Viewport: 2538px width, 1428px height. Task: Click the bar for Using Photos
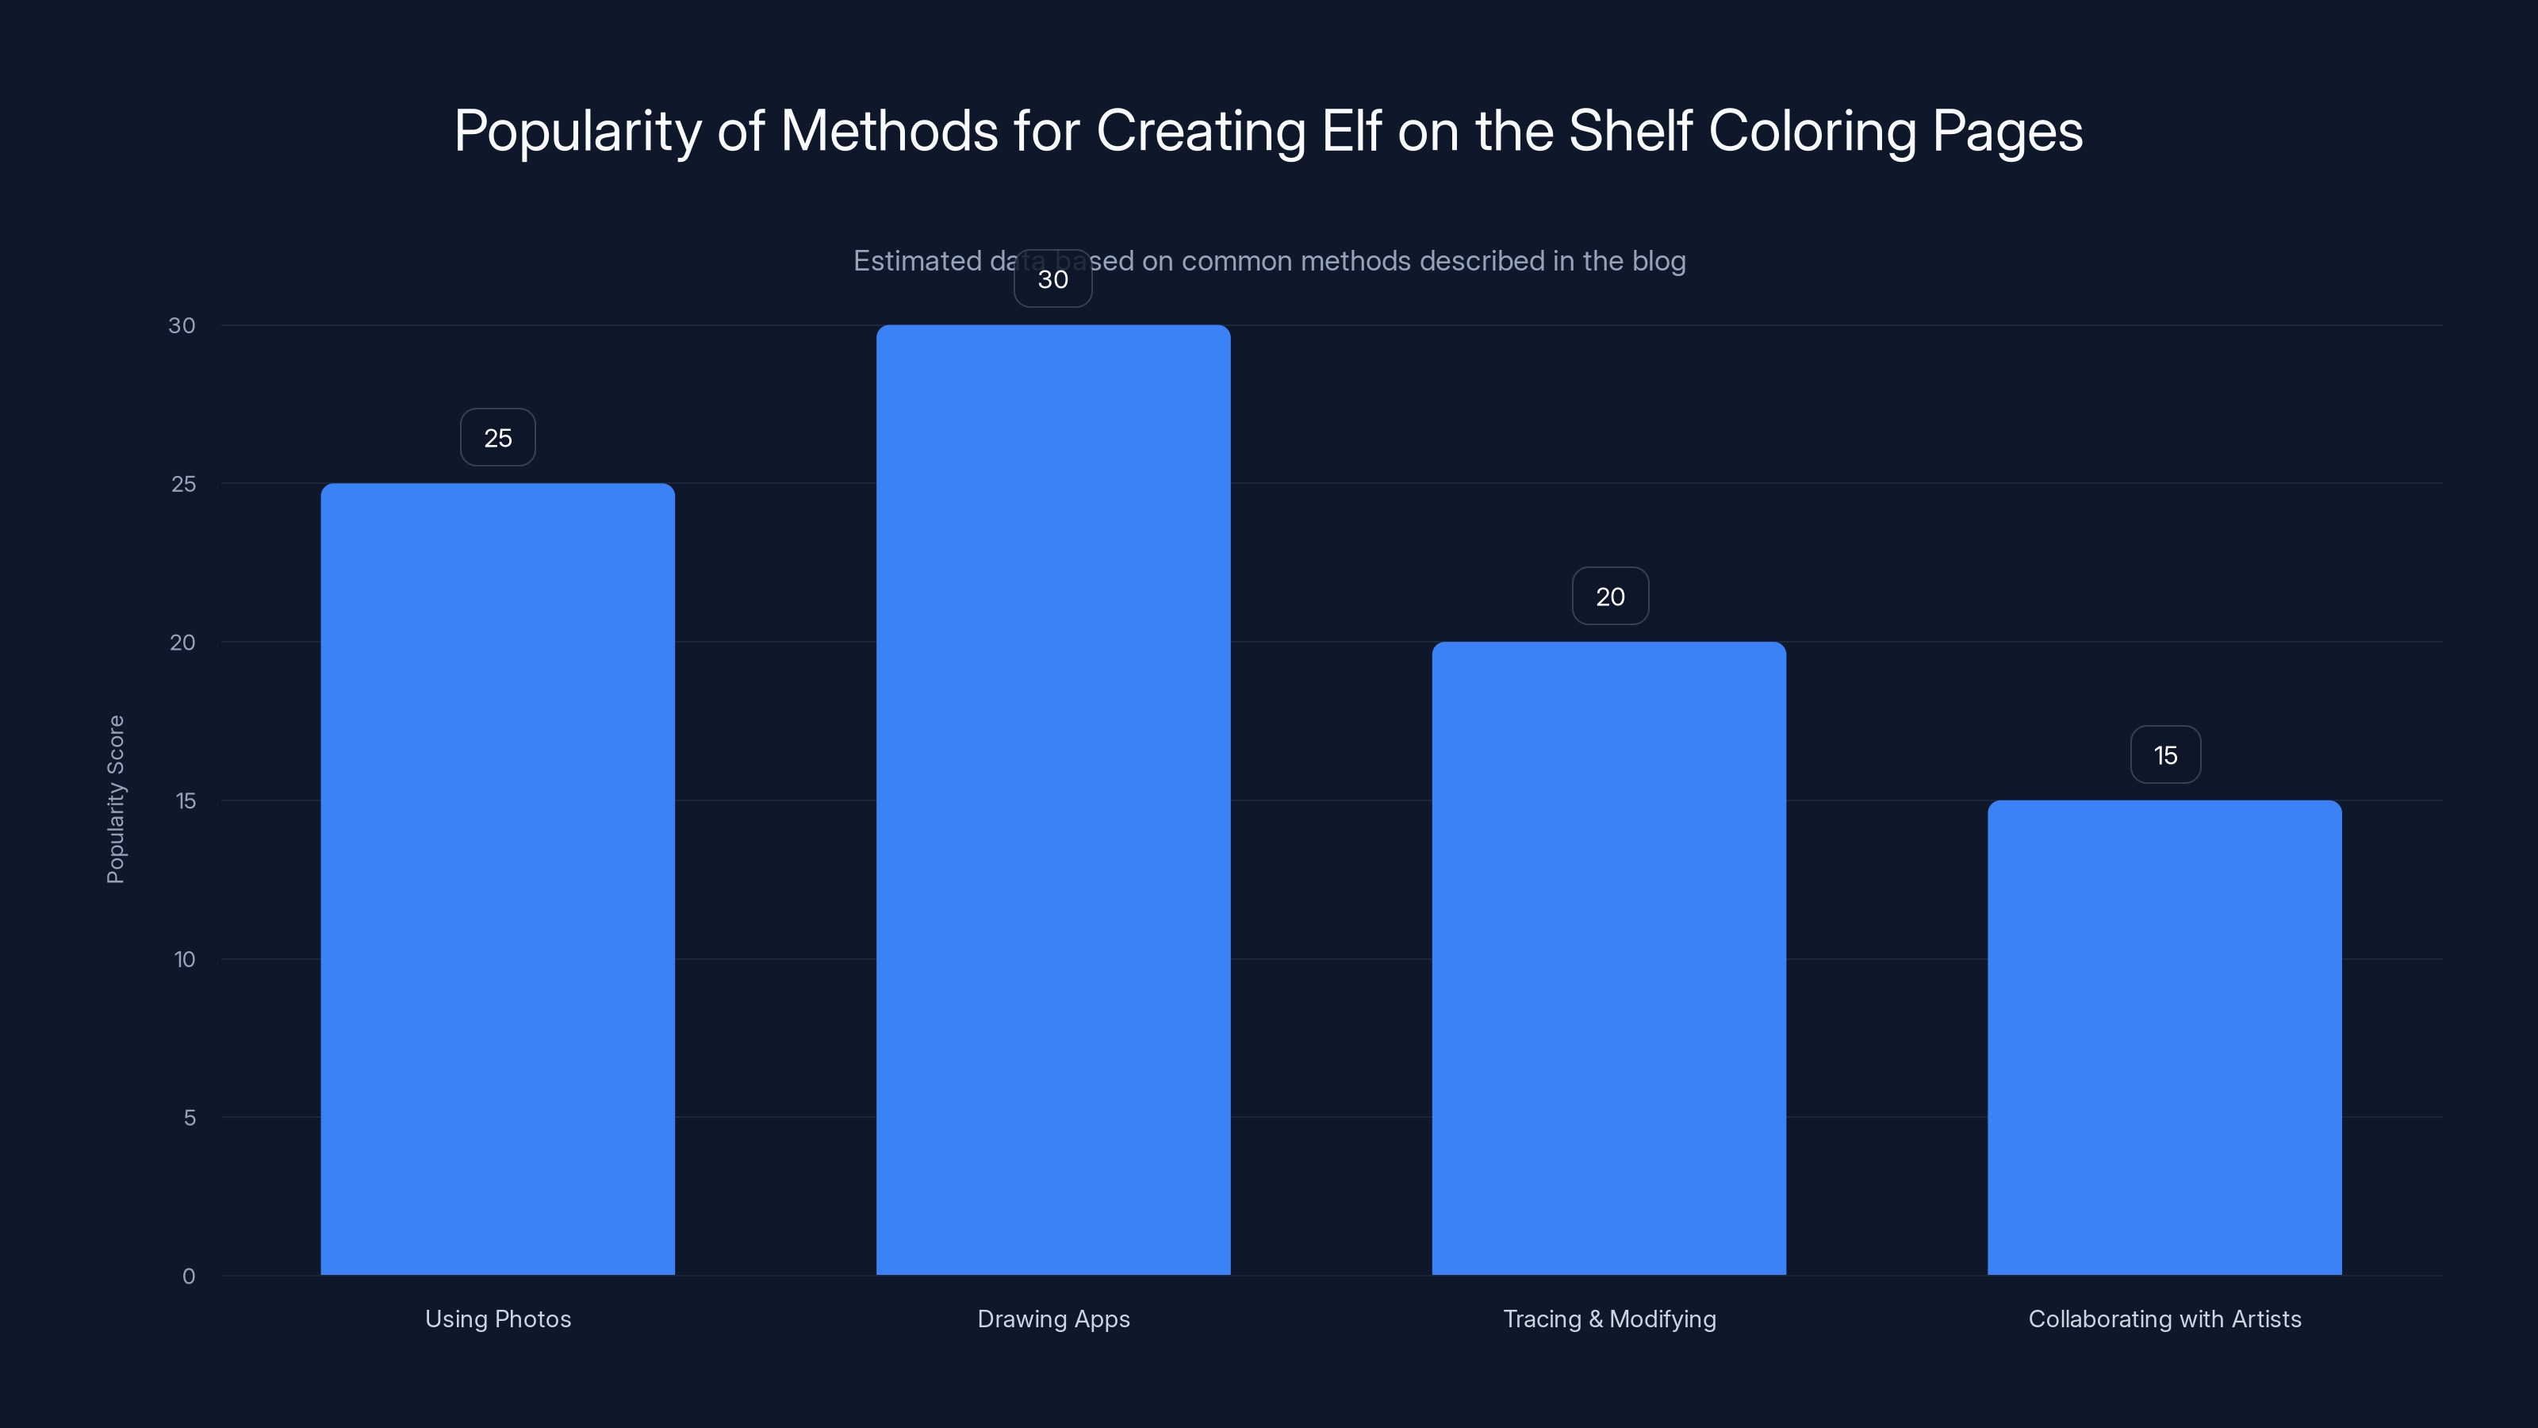click(497, 878)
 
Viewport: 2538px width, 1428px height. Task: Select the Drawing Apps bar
click(1053, 799)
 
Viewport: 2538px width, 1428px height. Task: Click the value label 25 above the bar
click(497, 438)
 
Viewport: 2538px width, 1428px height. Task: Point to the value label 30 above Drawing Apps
click(1053, 279)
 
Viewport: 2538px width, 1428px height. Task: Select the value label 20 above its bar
click(1610, 597)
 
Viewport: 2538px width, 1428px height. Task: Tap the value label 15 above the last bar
click(2165, 755)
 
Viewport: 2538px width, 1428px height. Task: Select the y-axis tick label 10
click(184, 959)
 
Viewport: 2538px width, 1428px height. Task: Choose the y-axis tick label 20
click(182, 643)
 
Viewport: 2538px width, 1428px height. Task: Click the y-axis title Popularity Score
click(115, 799)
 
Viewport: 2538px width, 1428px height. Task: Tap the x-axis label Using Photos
click(497, 1319)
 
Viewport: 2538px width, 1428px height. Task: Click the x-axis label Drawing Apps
click(1053, 1319)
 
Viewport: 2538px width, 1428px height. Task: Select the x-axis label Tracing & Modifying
click(1609, 1319)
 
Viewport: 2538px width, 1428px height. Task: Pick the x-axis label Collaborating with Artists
click(2164, 1319)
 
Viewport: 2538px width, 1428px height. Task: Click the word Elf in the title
click(1351, 130)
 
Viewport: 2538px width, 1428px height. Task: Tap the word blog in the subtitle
click(1659, 261)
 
